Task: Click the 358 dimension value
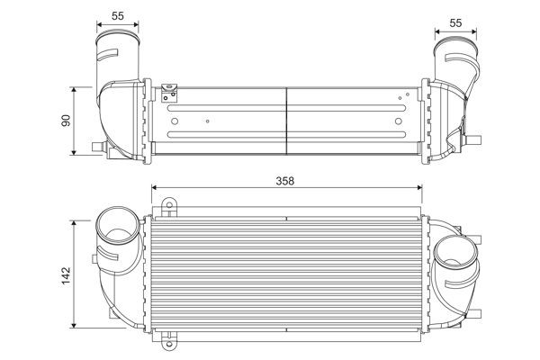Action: pos(286,179)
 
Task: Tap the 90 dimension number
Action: pos(65,120)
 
